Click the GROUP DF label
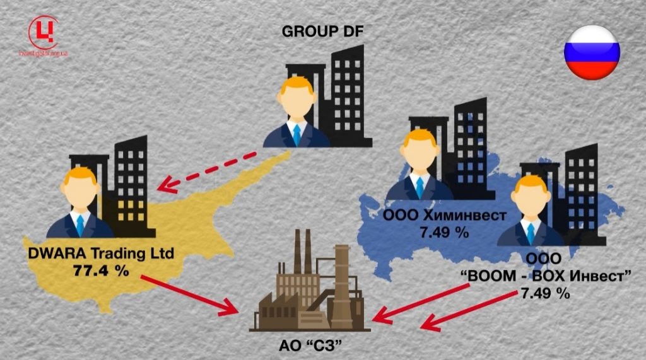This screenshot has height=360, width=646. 323,31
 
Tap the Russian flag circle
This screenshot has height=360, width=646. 592,52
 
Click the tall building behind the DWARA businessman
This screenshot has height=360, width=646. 130,180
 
